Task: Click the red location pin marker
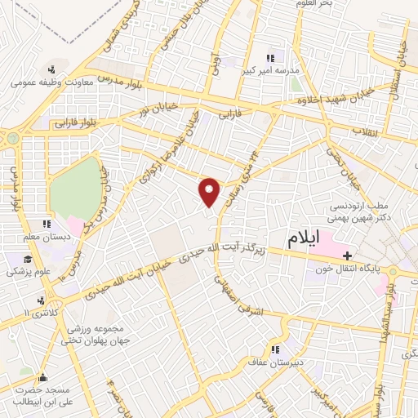click(211, 193)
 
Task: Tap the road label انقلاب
click(360, 132)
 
